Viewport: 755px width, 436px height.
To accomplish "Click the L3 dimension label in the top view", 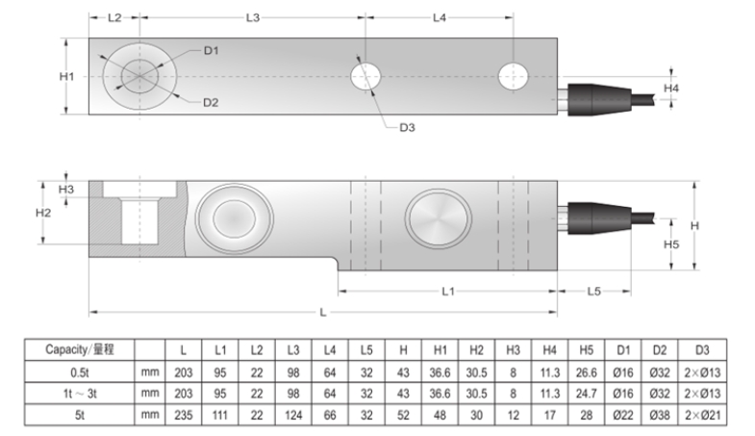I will coord(254,17).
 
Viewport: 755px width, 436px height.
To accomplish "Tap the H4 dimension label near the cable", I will coord(673,89).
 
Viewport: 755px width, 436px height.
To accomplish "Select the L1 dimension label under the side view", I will coord(447,290).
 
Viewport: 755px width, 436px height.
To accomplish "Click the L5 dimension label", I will coord(593,290).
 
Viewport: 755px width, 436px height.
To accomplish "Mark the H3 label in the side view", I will coord(65,190).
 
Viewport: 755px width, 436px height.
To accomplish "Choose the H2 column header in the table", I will coord(476,347).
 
